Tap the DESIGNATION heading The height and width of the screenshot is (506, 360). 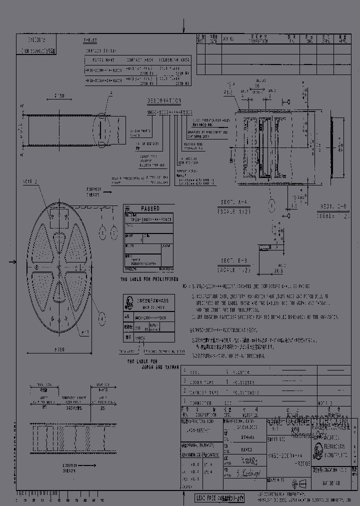click(x=164, y=99)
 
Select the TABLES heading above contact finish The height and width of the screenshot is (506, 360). click(x=90, y=40)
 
